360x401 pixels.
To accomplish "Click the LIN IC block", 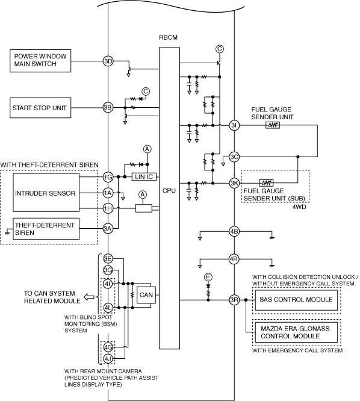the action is point(144,176).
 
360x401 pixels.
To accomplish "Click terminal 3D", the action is point(108,61).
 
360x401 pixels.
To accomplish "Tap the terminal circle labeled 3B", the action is point(108,107).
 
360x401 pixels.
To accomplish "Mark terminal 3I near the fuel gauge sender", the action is point(234,125).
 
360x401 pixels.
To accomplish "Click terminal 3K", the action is point(234,183).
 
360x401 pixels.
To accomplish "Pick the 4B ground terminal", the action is point(234,231).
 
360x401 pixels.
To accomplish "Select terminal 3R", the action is point(234,300).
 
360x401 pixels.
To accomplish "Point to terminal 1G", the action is point(108,177).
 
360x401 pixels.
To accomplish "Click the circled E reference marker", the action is point(208,277).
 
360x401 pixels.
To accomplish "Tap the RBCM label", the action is point(168,37).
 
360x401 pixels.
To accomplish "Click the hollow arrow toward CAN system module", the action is point(88,297).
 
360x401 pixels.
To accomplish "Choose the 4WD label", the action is point(299,207).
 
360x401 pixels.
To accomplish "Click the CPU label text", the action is point(169,190).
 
